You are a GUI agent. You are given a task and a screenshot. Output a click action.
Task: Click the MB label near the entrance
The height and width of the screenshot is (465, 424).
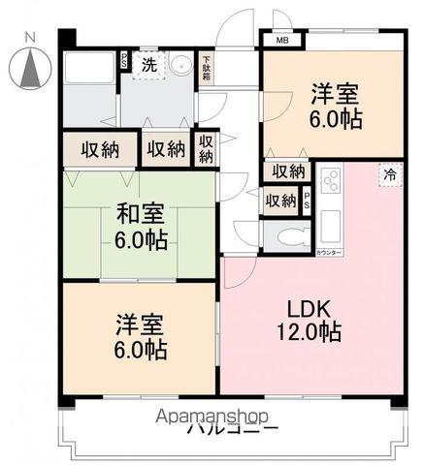click(x=282, y=41)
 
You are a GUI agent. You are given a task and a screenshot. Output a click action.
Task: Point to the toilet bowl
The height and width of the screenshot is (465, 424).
click(x=290, y=237)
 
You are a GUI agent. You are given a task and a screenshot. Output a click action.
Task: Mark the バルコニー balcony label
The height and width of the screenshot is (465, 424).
click(x=233, y=429)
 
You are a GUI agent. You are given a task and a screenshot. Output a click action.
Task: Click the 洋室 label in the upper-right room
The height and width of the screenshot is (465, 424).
click(x=334, y=94)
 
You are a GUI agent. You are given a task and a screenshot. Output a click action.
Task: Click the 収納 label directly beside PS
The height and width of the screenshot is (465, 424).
click(x=281, y=201)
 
